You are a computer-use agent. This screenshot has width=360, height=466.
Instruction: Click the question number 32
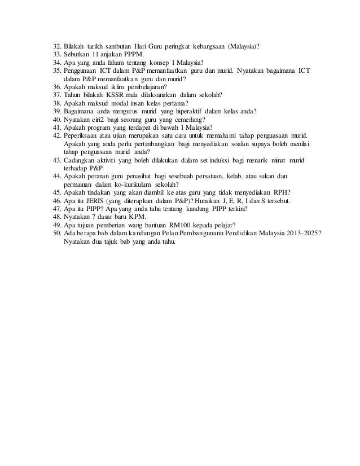click(x=56, y=46)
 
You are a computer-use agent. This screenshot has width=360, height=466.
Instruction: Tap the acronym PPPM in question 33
click(x=133, y=55)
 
